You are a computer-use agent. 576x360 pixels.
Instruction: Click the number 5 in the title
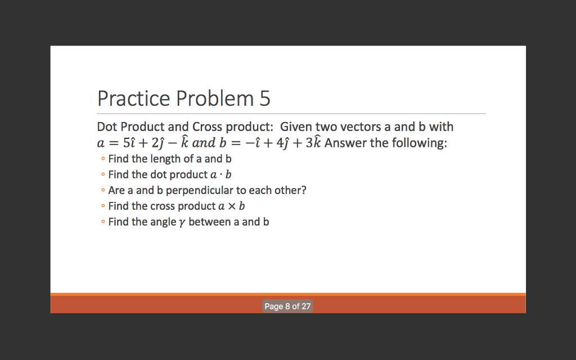pyautogui.click(x=265, y=98)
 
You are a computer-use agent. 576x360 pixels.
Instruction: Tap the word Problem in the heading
pyautogui.click(x=215, y=98)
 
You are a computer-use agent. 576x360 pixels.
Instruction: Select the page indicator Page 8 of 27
pyautogui.click(x=287, y=307)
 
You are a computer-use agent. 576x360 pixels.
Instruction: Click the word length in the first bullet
pyautogui.click(x=165, y=159)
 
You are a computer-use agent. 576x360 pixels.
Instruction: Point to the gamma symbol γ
pyautogui.click(x=181, y=223)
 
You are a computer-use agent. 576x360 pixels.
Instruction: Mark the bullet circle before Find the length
pyautogui.click(x=102, y=159)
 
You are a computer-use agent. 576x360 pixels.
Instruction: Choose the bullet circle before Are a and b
pyautogui.click(x=102, y=191)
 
